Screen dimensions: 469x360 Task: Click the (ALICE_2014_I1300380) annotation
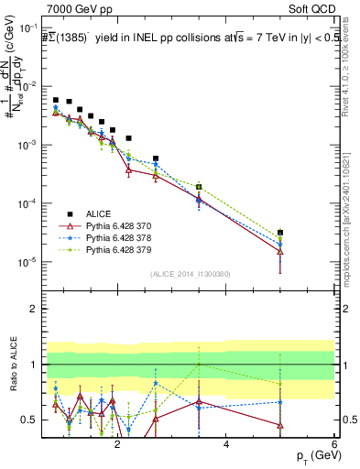pyautogui.click(x=191, y=273)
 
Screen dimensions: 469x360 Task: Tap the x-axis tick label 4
pyautogui.click(x=225, y=443)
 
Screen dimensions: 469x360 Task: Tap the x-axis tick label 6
pyautogui.click(x=333, y=443)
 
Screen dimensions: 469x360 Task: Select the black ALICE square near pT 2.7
pyautogui.click(x=156, y=158)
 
